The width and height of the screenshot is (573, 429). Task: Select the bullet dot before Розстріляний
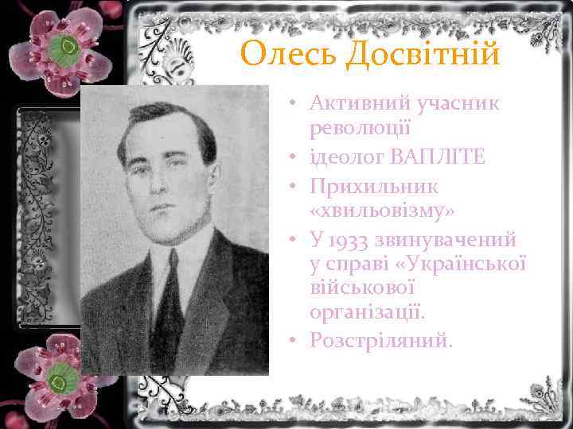[x=294, y=341]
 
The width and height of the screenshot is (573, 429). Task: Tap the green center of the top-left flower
[x=67, y=49]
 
